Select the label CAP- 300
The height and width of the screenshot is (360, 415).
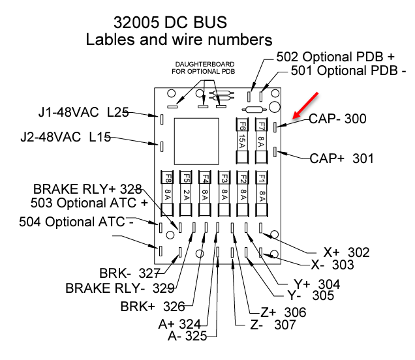pyautogui.click(x=337, y=119)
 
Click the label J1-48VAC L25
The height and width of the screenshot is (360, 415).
pyautogui.click(x=83, y=113)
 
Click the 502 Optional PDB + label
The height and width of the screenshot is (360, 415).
pyautogui.click(x=336, y=57)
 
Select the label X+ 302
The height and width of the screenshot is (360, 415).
pyautogui.click(x=346, y=252)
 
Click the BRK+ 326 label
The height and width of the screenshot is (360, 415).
pyautogui.click(x=153, y=306)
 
